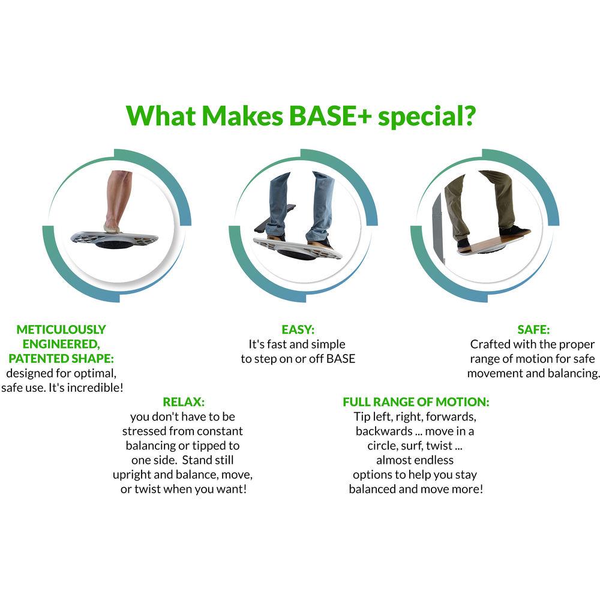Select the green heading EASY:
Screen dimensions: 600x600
pos(298,329)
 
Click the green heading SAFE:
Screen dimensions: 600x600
pos(533,329)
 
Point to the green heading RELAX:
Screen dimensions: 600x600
pos(184,401)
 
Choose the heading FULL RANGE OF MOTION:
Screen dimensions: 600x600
pos(416,401)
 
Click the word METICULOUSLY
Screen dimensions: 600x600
pos(61,329)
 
